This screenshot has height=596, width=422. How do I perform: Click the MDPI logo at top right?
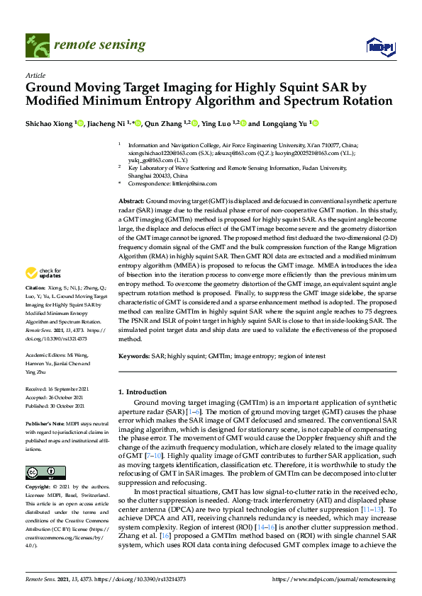[380, 47]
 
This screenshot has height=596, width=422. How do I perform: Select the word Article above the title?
[35, 75]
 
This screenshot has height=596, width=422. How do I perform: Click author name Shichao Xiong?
[50, 123]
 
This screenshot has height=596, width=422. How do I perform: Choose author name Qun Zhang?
[162, 123]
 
